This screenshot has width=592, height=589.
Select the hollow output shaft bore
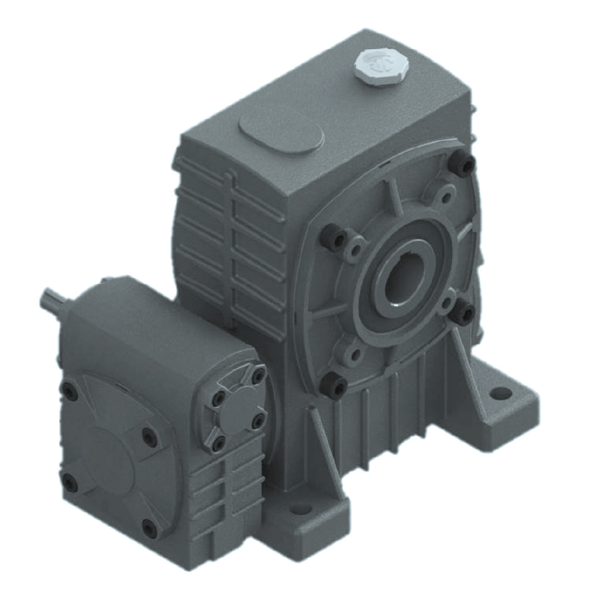tap(402, 281)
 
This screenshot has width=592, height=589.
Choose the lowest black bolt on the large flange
tap(334, 386)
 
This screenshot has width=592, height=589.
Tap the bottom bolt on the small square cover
tap(217, 442)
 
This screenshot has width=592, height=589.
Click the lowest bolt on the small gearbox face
tap(149, 529)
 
